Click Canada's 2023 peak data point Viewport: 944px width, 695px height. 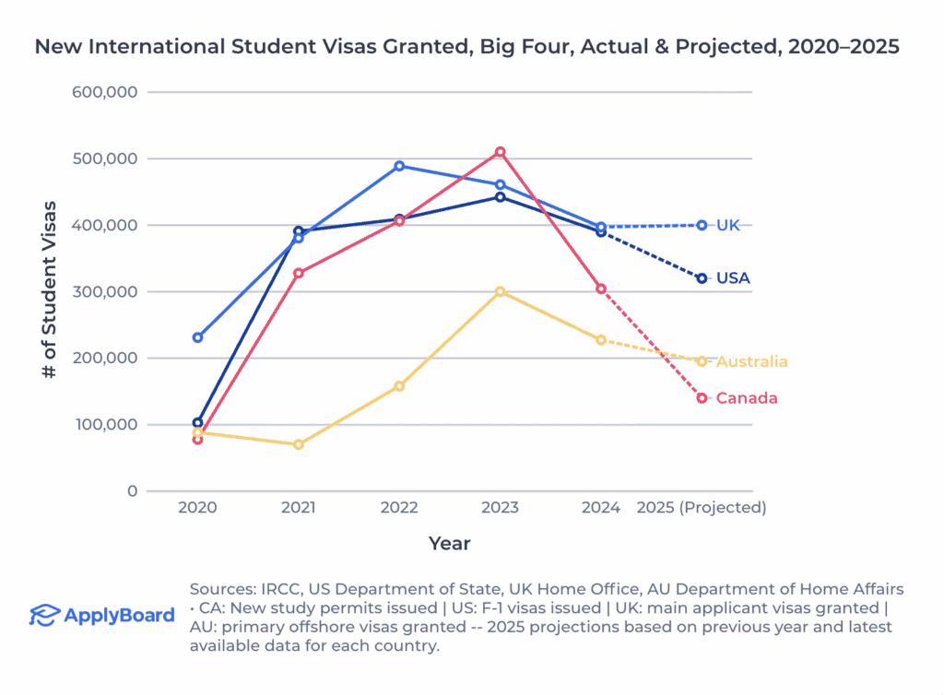(x=501, y=152)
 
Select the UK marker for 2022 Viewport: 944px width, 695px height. (x=399, y=166)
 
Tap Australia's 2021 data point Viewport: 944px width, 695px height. (x=299, y=444)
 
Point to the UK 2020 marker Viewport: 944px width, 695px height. (x=197, y=337)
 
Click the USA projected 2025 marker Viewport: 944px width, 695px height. (x=702, y=278)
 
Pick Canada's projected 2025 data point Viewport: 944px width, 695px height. (x=702, y=398)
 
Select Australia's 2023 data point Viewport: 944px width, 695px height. (x=501, y=291)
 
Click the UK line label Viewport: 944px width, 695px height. (x=728, y=225)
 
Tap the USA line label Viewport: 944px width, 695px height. (x=734, y=278)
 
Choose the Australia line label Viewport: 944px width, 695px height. (x=752, y=361)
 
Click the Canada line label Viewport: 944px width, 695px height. (x=747, y=398)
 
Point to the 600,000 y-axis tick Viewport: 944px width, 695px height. (x=104, y=92)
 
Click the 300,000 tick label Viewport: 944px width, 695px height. (x=104, y=291)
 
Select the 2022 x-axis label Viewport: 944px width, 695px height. (x=399, y=508)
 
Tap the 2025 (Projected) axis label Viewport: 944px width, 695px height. (x=702, y=508)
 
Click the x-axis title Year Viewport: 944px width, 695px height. (x=450, y=544)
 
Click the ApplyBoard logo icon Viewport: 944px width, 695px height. (x=43, y=615)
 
